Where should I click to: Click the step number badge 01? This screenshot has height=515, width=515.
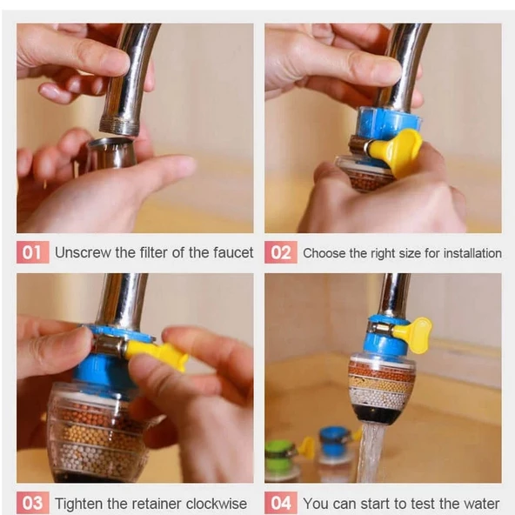[x=32, y=252]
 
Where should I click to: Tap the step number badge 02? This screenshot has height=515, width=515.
[x=281, y=252]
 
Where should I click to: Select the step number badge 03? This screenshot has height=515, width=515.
[x=32, y=503]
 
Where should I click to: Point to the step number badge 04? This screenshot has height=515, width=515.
[x=281, y=503]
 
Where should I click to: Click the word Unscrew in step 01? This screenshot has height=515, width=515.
[x=83, y=252]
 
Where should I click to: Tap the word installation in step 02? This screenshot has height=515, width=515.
[x=472, y=253]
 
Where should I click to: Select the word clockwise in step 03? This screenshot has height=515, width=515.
[x=217, y=504]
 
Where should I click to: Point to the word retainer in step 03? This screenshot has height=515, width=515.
[x=149, y=504]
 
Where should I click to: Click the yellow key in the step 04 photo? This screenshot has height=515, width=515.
[x=412, y=335]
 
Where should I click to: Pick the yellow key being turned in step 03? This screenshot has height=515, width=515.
[x=156, y=354]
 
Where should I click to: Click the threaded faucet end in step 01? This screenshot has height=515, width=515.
[x=120, y=127]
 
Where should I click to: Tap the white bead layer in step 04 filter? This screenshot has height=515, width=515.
[x=381, y=398]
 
